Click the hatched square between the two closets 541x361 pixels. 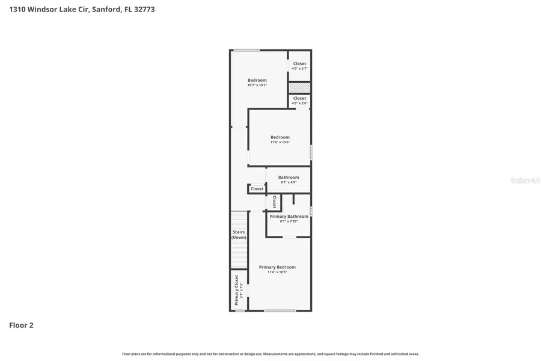point(299,87)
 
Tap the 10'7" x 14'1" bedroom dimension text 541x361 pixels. point(257,85)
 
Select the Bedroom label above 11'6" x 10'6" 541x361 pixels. point(280,137)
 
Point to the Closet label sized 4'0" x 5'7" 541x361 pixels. point(299,64)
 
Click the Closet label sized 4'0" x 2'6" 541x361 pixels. point(299,98)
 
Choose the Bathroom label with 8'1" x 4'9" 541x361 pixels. point(289,177)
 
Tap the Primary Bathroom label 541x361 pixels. point(289,217)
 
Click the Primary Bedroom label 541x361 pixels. point(277,267)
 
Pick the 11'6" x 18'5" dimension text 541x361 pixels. point(277,273)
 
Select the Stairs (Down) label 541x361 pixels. point(239,235)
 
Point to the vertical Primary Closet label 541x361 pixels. point(236,290)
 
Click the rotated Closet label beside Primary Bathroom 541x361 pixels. point(274,202)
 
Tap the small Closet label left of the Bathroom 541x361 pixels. point(257,189)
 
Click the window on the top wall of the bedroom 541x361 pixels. point(247,50)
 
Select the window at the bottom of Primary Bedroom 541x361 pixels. point(280,310)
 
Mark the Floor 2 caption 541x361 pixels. point(21,326)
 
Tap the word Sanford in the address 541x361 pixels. point(105,9)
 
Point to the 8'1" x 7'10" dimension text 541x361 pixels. point(289,221)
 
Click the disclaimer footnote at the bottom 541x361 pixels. point(270,354)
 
